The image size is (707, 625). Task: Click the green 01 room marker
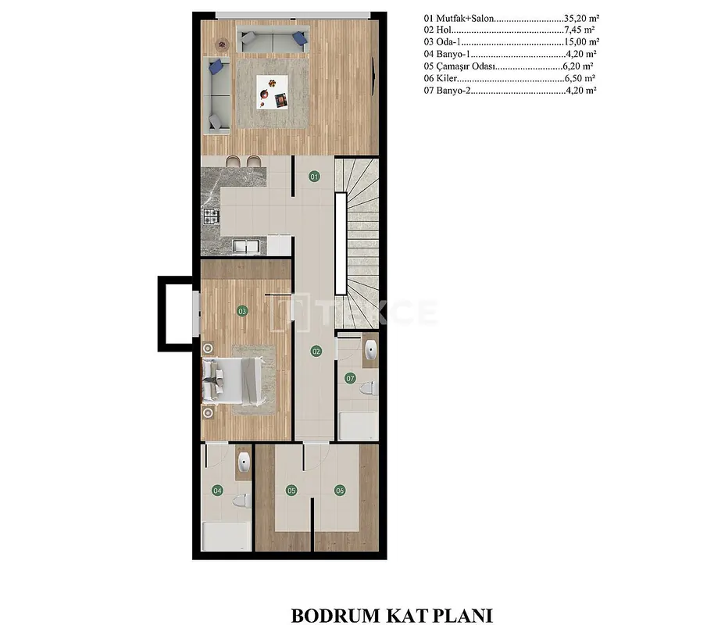(314, 177)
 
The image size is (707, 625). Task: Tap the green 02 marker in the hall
(316, 352)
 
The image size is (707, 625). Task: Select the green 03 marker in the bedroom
(242, 311)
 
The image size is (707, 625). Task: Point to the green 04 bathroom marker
(217, 490)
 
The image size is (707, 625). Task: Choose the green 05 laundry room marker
(291, 490)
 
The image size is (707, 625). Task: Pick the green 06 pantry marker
(340, 490)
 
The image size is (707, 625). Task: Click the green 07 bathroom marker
(350, 378)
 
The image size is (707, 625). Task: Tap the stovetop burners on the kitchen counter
(211, 216)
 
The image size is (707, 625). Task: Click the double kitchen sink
(246, 247)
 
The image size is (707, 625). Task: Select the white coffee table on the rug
(272, 91)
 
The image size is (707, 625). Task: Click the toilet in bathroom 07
(369, 387)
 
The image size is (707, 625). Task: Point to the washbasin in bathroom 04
(244, 461)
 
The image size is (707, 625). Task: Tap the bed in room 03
(233, 380)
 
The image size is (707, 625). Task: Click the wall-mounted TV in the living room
(373, 76)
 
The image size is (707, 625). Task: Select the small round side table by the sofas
(222, 45)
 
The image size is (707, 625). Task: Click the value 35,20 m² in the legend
(581, 19)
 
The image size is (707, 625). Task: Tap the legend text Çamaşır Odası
(466, 66)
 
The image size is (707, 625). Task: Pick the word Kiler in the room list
(446, 78)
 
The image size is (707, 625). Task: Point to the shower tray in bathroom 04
(227, 536)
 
